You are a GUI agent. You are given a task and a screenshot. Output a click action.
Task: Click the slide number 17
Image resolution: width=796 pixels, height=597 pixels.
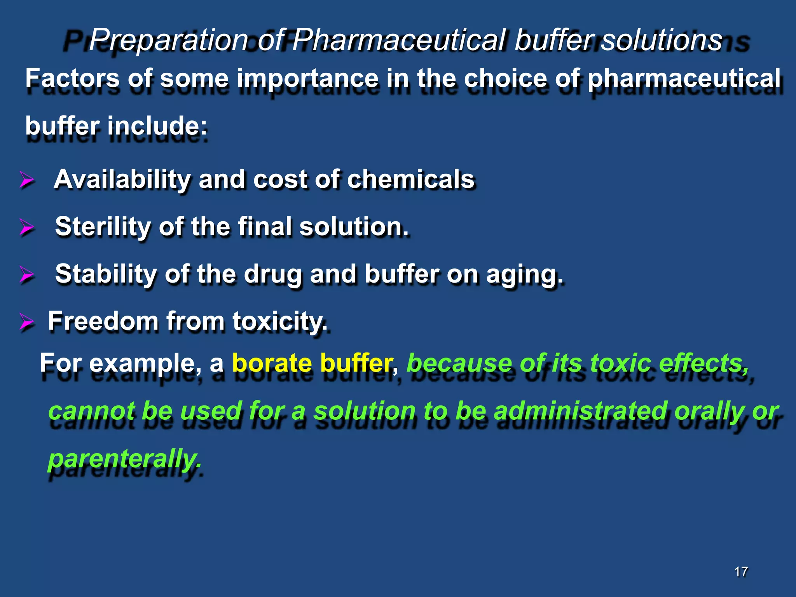741,571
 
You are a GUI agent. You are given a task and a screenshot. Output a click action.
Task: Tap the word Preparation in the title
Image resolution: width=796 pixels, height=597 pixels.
168,40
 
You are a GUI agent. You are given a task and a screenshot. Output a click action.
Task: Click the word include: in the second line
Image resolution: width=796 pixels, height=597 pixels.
157,126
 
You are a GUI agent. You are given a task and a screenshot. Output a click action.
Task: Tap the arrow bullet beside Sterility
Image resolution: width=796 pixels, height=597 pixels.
27,227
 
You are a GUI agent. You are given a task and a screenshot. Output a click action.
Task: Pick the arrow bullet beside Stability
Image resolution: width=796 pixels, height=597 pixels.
27,275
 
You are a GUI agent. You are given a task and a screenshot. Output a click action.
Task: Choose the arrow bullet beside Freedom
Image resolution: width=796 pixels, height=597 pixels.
27,322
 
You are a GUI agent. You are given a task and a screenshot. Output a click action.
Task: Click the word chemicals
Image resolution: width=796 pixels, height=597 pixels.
410,179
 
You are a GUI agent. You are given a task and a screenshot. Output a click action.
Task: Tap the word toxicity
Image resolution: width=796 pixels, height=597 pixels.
280,322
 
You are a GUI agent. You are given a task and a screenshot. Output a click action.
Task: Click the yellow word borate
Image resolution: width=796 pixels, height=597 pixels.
272,363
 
